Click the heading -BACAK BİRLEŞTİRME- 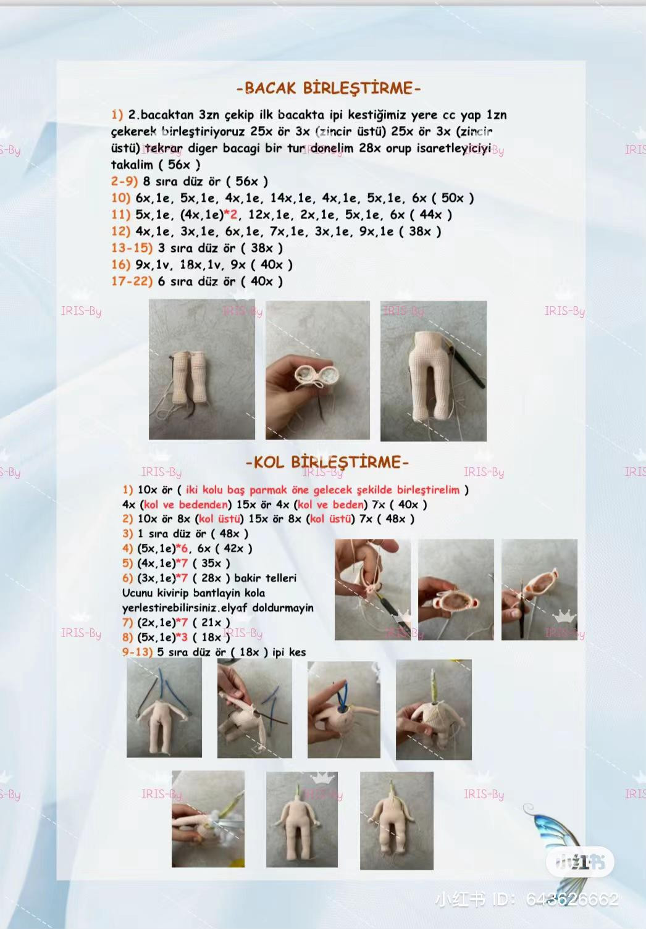point(328,88)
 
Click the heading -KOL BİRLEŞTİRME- point(327,462)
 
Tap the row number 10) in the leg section point(120,198)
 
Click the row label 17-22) point(132,281)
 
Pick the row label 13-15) point(132,248)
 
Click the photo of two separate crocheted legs point(201,369)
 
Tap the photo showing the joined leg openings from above point(317,370)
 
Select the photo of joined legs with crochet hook point(433,371)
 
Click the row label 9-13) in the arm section point(137,652)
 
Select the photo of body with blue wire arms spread point(164,707)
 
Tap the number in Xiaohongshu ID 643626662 point(572,899)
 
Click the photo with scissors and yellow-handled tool point(208,819)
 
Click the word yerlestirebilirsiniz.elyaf point(185,608)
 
